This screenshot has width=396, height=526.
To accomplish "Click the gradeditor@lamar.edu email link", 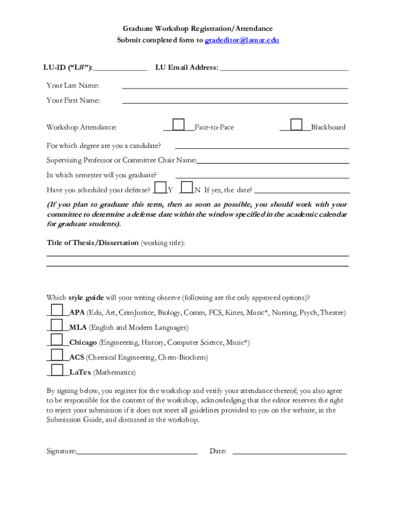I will [242, 40].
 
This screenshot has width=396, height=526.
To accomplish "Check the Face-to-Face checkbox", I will [178, 125].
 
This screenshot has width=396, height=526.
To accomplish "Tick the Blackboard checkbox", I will [296, 125].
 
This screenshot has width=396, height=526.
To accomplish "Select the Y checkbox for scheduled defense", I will [160, 187].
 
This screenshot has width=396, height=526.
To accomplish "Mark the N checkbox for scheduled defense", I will [187, 187].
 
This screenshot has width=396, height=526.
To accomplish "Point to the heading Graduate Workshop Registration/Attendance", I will [197, 29].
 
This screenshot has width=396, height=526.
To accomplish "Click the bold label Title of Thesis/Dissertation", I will [93, 242].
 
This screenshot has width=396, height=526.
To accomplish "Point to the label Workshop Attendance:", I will [81, 127].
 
